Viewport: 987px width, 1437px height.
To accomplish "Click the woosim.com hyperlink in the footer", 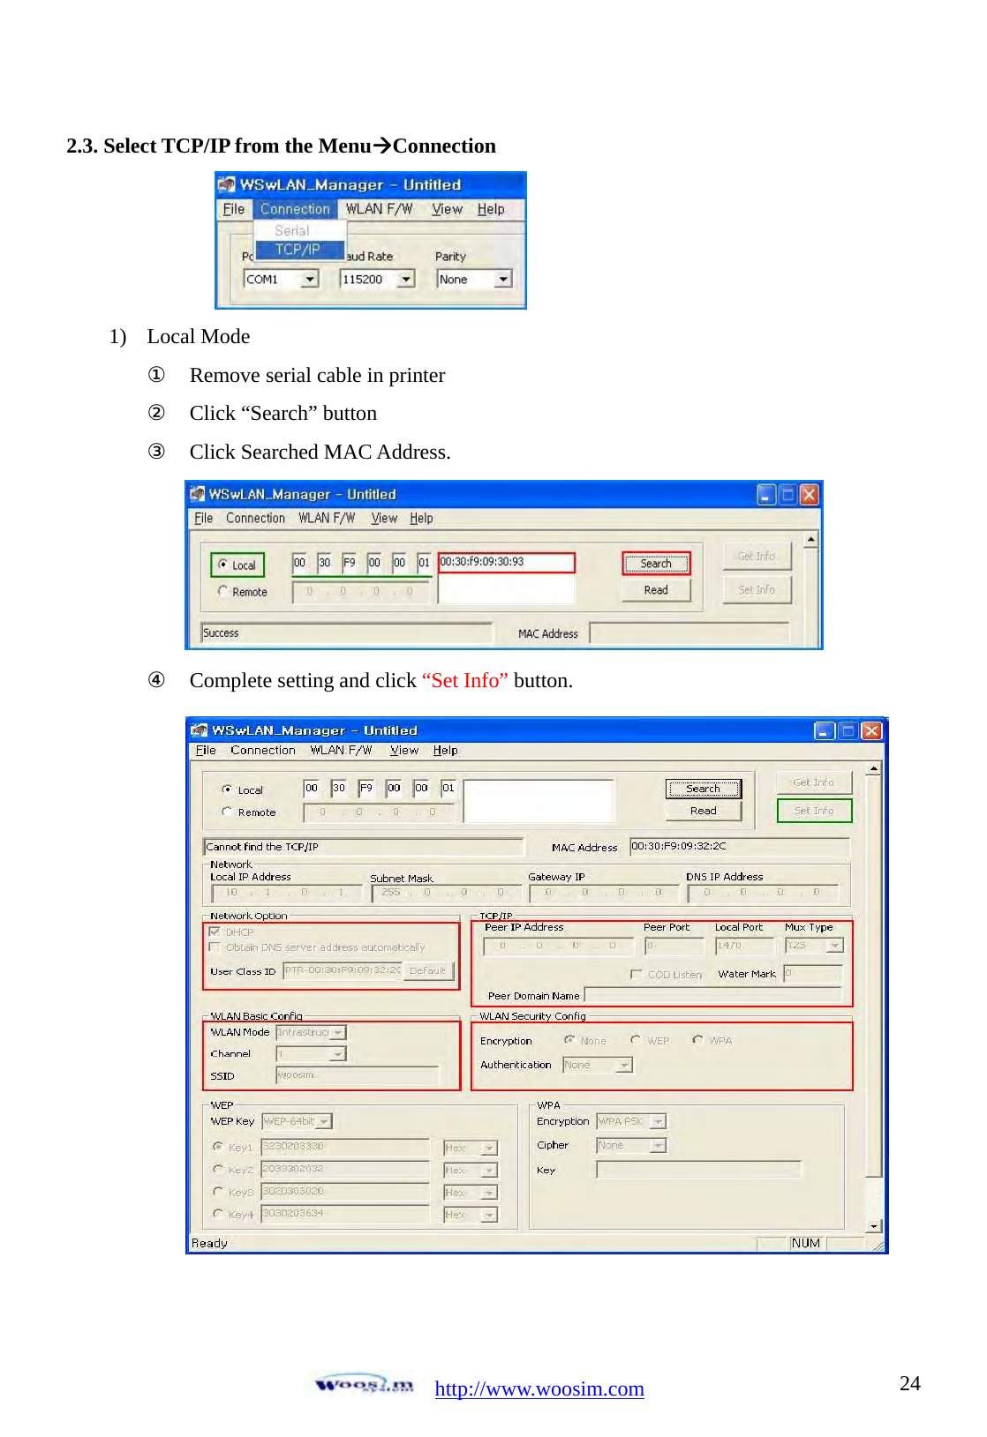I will coord(539,1388).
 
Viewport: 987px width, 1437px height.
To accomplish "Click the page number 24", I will coord(909,1382).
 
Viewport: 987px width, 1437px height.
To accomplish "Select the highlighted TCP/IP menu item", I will coord(298,250).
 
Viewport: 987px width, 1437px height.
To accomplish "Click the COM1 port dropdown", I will coord(280,280).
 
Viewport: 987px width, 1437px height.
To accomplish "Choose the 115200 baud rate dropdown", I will coord(377,280).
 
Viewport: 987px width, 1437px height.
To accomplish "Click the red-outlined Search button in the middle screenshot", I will coord(655,564).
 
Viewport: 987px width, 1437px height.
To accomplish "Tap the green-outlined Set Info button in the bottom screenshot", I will coord(813,810).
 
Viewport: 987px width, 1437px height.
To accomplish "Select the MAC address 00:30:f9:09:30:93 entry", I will coord(505,562).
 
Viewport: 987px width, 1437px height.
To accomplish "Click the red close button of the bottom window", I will coord(870,730).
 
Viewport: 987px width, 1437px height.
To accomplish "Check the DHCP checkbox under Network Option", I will coord(215,932).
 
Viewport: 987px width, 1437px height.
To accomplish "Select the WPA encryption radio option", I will coord(697,1040).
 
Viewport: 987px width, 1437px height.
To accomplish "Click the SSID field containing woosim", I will coord(357,1075).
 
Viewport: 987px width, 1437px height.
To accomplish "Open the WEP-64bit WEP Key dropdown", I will coord(297,1121).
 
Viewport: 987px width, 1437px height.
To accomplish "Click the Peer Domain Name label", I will coord(533,996).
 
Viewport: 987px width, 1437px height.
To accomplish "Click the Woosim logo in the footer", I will coord(364,1385).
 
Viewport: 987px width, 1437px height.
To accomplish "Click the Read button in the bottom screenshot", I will coord(703,811).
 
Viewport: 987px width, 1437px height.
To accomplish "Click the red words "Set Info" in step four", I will coord(464,680).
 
